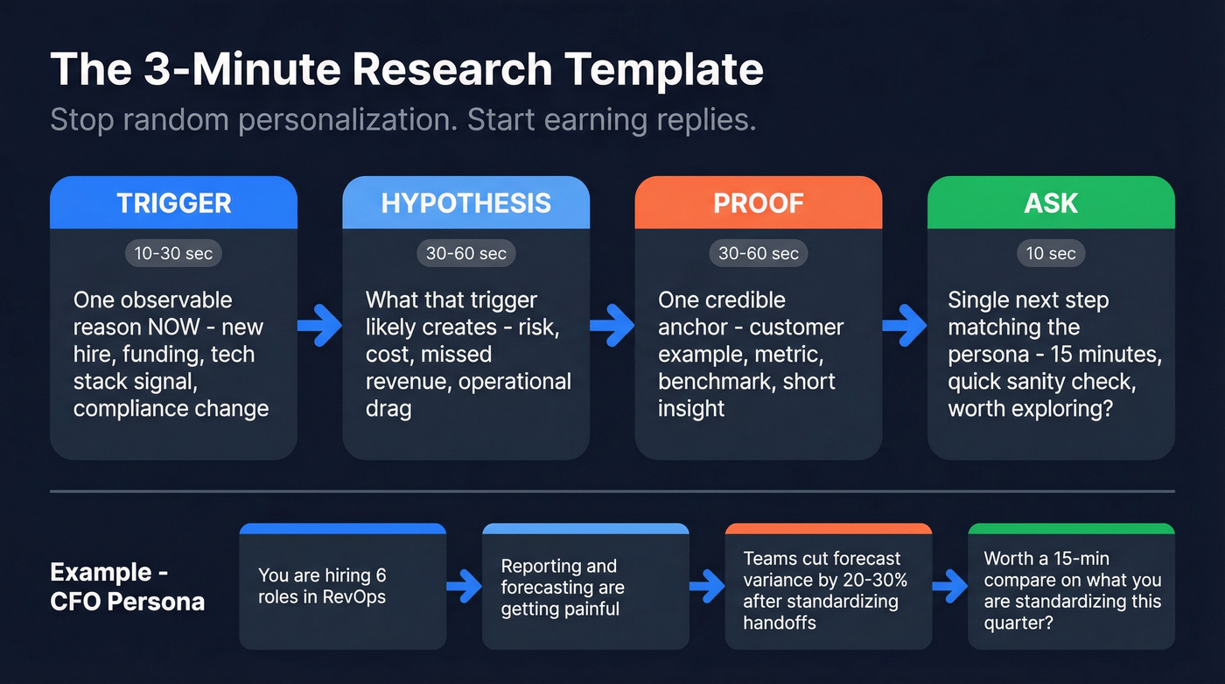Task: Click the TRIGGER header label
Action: [x=174, y=203]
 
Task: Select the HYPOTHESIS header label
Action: [x=465, y=203]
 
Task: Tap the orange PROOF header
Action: [x=758, y=203]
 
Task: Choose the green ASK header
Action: [x=1050, y=203]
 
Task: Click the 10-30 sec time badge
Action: [x=174, y=254]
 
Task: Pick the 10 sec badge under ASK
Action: [x=1050, y=254]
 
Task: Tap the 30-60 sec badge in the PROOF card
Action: [x=758, y=254]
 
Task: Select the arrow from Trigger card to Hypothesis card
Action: [x=319, y=326]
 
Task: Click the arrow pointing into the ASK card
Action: [x=904, y=326]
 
